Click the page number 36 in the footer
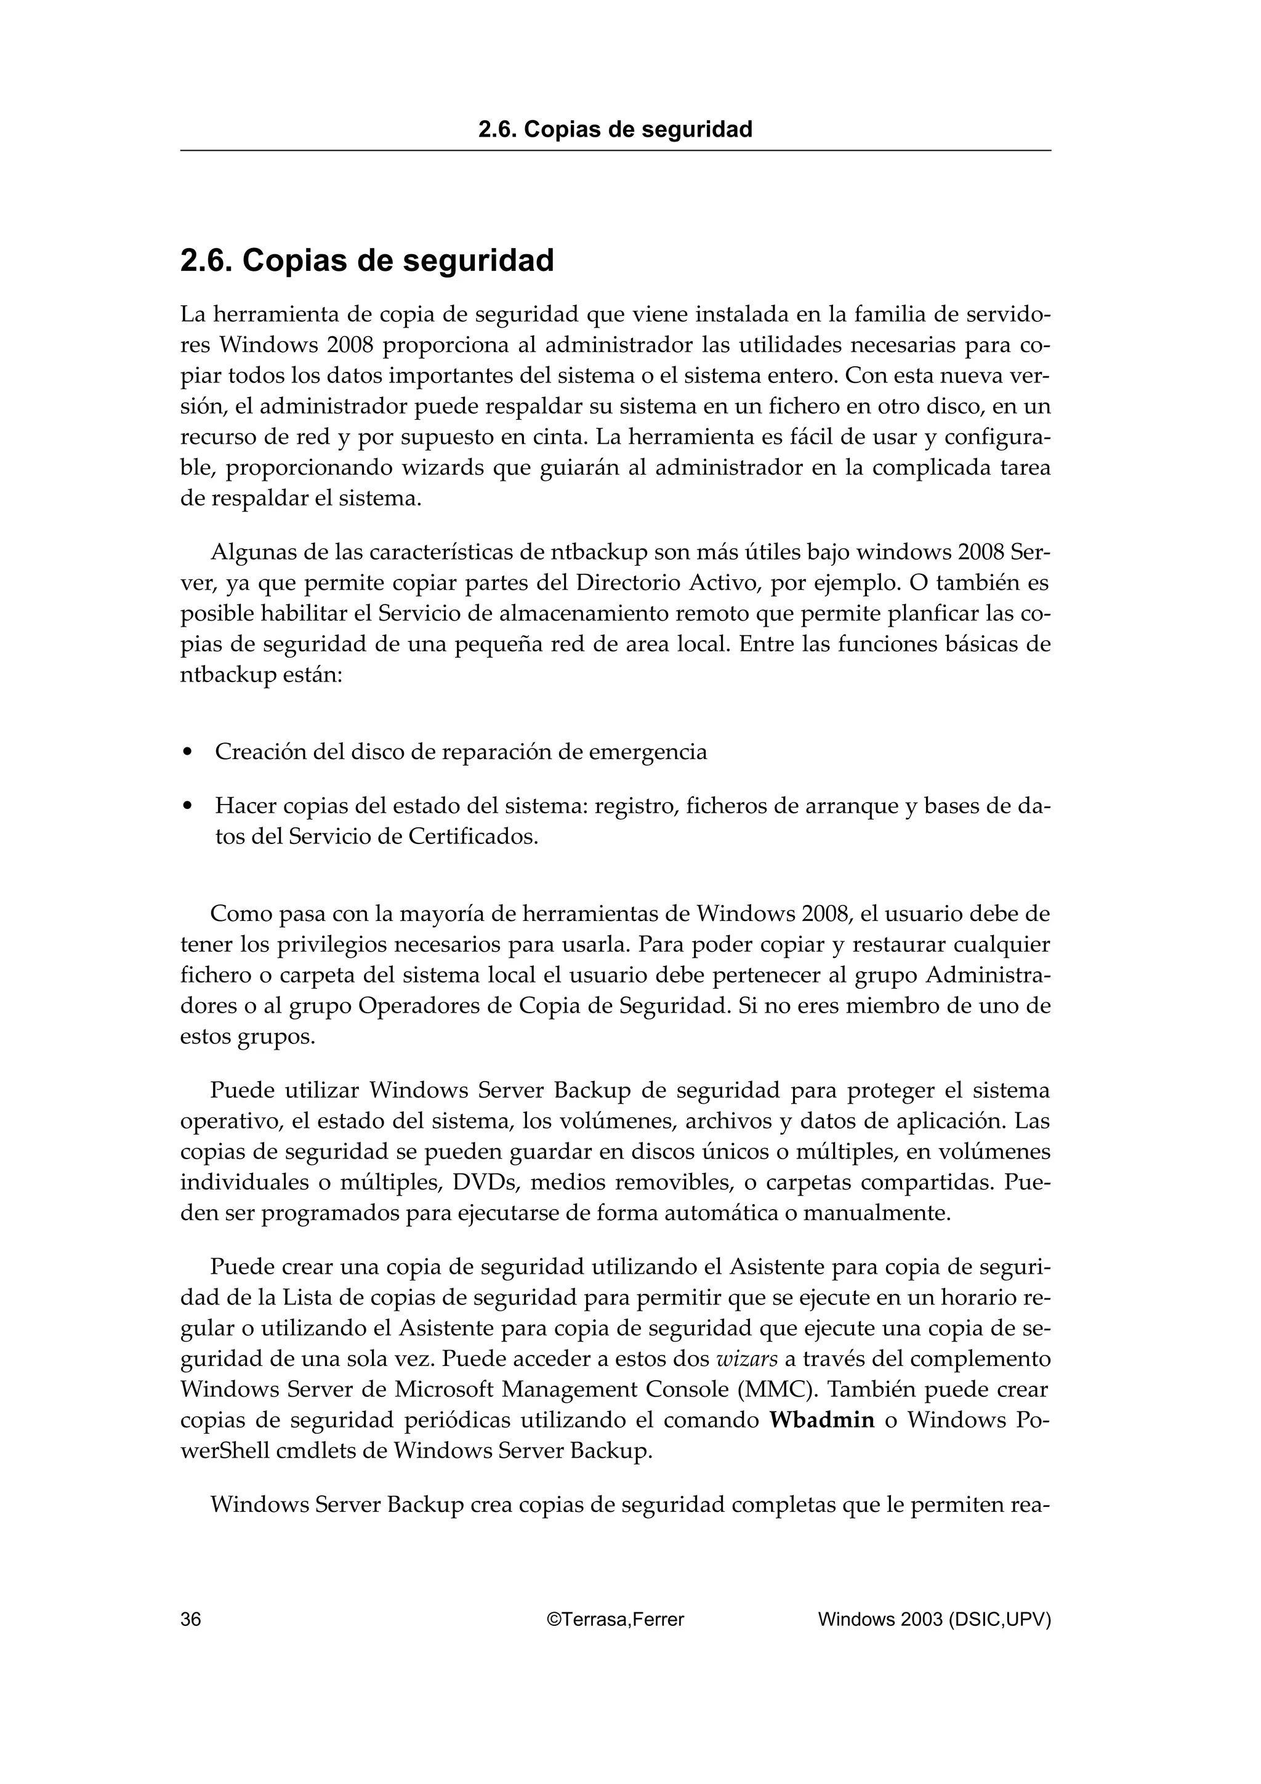click(x=190, y=1619)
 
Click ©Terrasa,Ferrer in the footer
click(x=615, y=1619)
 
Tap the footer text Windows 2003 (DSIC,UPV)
click(x=934, y=1619)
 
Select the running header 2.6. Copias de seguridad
click(x=615, y=129)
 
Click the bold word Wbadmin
click(x=822, y=1420)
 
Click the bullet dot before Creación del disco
click(x=187, y=752)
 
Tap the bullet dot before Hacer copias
click(x=187, y=806)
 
